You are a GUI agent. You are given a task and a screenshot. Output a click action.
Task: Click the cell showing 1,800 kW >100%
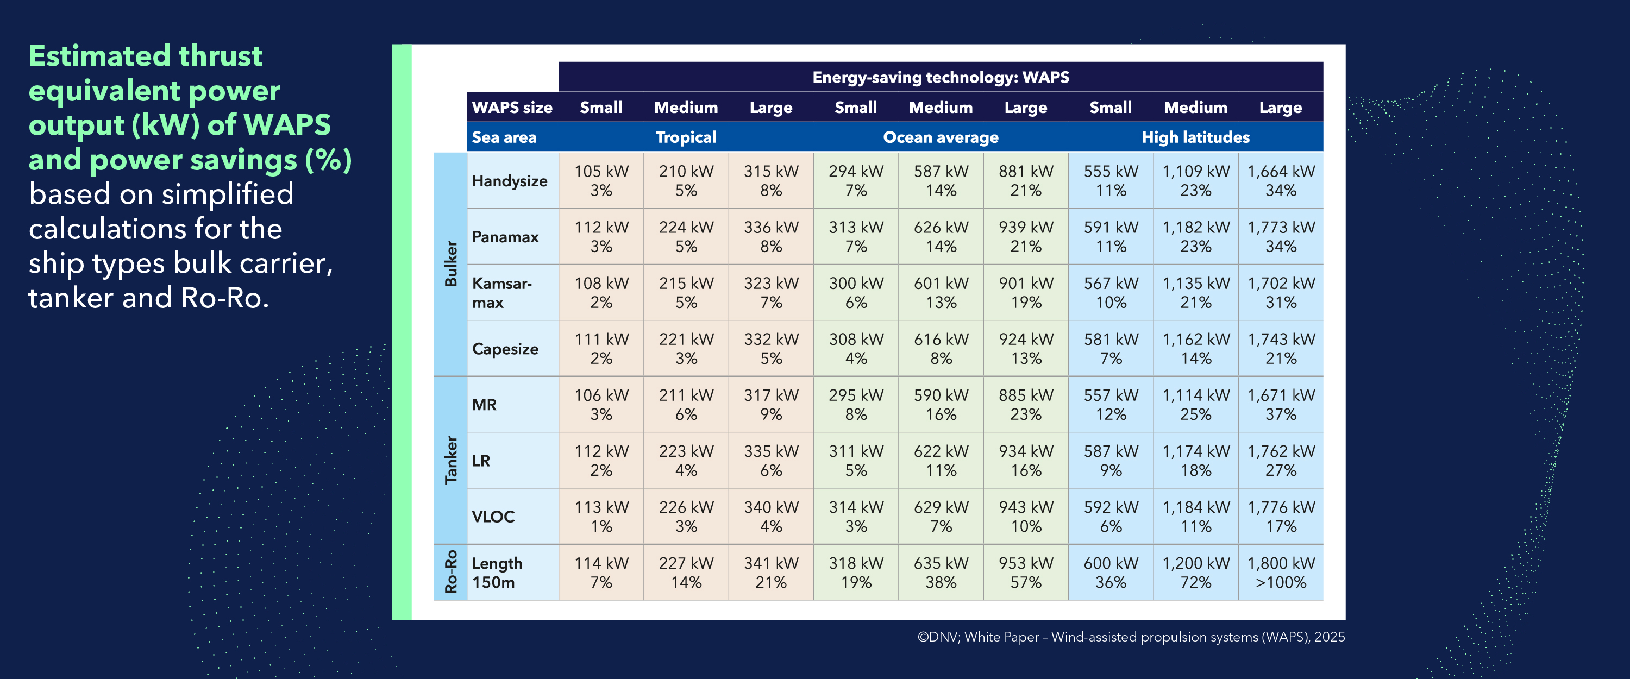[1280, 572]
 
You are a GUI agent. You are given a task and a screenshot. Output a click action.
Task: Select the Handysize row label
[510, 181]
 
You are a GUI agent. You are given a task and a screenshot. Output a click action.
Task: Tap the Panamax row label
[505, 237]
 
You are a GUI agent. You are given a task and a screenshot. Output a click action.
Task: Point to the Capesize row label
[505, 349]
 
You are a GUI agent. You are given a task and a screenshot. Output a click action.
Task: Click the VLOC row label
[493, 517]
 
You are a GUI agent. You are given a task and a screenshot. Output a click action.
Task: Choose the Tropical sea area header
[686, 137]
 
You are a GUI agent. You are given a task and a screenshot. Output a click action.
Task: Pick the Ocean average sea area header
[941, 137]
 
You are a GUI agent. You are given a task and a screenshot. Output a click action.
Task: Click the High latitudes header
[1195, 137]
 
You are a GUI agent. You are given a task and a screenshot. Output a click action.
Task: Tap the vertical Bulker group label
[450, 264]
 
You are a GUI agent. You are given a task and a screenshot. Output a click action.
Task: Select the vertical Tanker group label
[450, 460]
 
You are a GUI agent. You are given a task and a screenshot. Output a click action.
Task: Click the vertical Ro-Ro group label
[450, 571]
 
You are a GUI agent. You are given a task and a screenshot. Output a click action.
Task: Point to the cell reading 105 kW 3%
[601, 181]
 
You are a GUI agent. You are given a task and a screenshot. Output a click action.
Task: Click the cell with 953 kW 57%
[1026, 572]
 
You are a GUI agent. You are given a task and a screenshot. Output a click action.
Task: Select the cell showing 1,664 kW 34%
[1280, 181]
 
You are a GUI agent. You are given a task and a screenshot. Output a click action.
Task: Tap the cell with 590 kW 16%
[941, 404]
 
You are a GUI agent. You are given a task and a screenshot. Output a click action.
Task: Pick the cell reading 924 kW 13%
[1026, 349]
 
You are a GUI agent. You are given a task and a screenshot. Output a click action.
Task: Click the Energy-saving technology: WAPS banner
[941, 77]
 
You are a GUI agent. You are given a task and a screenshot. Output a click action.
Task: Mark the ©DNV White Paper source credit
[1131, 637]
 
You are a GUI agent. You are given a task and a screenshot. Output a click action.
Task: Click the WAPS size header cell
[512, 108]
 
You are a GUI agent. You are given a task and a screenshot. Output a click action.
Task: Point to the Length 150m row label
[497, 572]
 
